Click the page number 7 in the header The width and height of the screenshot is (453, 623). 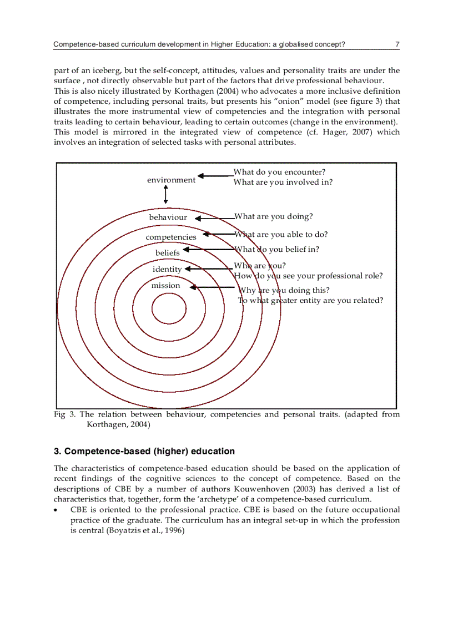point(397,44)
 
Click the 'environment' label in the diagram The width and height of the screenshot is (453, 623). point(171,180)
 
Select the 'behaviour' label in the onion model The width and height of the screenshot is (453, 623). point(168,217)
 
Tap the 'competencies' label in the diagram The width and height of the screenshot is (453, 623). point(171,237)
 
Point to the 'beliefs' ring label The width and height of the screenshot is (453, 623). point(167,253)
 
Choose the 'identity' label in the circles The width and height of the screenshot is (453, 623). point(167,269)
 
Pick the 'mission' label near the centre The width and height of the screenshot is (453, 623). point(165,286)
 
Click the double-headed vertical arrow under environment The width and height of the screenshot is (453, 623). point(165,195)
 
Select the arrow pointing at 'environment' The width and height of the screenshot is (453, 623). point(215,176)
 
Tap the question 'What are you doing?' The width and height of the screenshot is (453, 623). point(273,216)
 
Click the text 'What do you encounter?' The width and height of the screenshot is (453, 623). point(279,173)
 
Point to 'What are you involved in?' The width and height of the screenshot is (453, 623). point(283,182)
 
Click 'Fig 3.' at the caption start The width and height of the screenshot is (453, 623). point(64,414)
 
